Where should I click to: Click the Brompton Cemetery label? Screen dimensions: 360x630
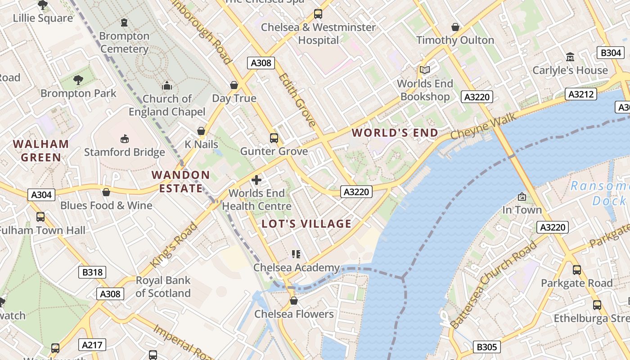click(x=124, y=42)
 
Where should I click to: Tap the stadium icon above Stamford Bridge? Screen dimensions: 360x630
click(x=125, y=139)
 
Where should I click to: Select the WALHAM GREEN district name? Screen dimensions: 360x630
click(x=41, y=151)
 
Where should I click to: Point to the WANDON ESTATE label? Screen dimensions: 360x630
click(x=180, y=182)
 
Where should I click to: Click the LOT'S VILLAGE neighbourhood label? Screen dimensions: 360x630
click(x=306, y=224)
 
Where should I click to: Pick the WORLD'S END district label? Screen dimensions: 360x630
click(x=395, y=133)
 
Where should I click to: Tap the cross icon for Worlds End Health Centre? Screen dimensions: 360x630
click(x=256, y=180)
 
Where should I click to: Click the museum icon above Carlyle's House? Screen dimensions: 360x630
click(x=570, y=57)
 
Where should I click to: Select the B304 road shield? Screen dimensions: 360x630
click(x=611, y=53)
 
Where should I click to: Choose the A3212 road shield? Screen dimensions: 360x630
click(x=581, y=94)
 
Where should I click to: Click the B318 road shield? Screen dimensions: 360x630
click(x=92, y=272)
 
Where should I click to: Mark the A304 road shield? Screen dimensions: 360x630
click(x=41, y=195)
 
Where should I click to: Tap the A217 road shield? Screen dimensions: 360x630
click(x=92, y=345)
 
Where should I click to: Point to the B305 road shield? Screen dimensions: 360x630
click(x=486, y=347)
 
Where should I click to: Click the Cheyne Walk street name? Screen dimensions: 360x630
click(x=483, y=128)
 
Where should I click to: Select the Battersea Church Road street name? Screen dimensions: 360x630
click(x=494, y=285)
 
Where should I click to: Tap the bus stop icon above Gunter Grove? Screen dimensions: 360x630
click(x=274, y=138)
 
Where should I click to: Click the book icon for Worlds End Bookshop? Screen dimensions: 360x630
click(x=424, y=70)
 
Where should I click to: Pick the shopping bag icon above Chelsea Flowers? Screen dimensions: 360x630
click(x=294, y=301)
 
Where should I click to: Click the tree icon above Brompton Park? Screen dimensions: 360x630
click(x=78, y=80)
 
